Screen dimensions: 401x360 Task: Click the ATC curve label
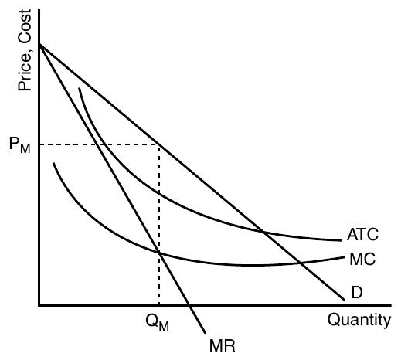(362, 234)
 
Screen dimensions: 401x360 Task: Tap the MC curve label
(362, 259)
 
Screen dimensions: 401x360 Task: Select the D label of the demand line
(357, 292)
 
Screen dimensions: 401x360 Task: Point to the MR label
(223, 345)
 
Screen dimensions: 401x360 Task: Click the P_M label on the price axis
(20, 144)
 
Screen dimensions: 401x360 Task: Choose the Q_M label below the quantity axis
(157, 322)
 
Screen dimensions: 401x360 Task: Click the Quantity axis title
(359, 321)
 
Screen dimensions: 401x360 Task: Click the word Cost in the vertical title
(25, 26)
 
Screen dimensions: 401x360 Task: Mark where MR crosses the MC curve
(159, 253)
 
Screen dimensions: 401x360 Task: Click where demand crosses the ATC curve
(263, 232)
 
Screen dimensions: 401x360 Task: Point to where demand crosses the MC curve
(300, 263)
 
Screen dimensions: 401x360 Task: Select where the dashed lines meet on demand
(159, 144)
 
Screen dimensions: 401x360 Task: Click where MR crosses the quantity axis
(189, 305)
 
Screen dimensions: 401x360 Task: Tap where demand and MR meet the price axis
(39, 45)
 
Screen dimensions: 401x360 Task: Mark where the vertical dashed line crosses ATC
(159, 192)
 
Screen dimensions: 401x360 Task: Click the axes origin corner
(39, 305)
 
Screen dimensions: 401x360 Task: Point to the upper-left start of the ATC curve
(80, 88)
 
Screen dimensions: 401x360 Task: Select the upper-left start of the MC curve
(53, 163)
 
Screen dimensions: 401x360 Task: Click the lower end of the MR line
(206, 333)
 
